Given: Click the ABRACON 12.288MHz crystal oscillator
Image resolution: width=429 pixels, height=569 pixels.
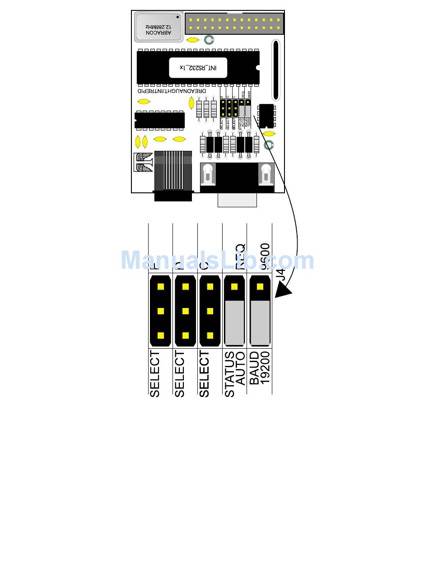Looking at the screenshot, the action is [x=159, y=27].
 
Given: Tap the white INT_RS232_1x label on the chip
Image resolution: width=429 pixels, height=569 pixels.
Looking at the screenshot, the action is [x=198, y=67].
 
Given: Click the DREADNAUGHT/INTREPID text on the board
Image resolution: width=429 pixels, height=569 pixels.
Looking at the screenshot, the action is [x=172, y=91].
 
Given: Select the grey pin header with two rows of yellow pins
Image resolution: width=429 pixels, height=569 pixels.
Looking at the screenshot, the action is [x=234, y=24].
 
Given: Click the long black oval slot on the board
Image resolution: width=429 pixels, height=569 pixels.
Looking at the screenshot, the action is [x=275, y=70].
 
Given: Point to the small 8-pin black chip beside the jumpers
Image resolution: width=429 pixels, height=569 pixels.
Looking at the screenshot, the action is [x=266, y=116].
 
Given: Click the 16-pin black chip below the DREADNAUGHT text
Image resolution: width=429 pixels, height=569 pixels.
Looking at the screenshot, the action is [x=160, y=120].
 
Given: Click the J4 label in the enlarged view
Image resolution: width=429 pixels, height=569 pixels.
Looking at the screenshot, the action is [x=281, y=275].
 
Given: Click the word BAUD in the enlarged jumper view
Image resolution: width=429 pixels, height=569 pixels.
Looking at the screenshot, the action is [x=254, y=368].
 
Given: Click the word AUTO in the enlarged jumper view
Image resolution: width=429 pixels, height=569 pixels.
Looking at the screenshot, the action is [x=241, y=368].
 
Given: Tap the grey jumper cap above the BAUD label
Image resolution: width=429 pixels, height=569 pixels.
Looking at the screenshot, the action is [x=260, y=322].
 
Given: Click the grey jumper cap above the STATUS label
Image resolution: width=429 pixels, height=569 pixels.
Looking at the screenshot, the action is [x=234, y=322].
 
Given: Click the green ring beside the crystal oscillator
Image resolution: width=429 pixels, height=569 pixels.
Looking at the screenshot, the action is [x=209, y=40].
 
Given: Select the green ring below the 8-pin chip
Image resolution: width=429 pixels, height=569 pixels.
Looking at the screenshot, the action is [x=269, y=145].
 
